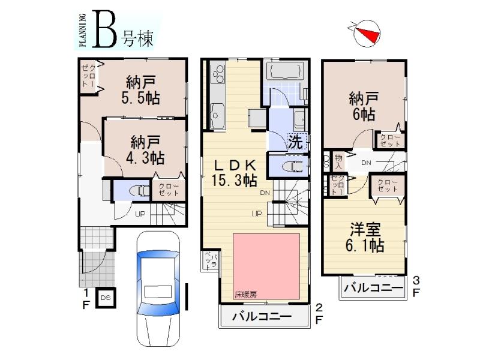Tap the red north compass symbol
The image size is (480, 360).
click(367, 34)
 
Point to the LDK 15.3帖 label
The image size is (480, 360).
click(234, 172)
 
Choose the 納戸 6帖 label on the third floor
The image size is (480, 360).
click(364, 106)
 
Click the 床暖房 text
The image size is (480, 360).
click(245, 294)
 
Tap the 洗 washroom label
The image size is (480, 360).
click(296, 142)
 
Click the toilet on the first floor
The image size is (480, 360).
click(139, 190)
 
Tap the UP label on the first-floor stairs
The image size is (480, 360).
click(140, 214)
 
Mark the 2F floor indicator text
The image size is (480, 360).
click(318, 313)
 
